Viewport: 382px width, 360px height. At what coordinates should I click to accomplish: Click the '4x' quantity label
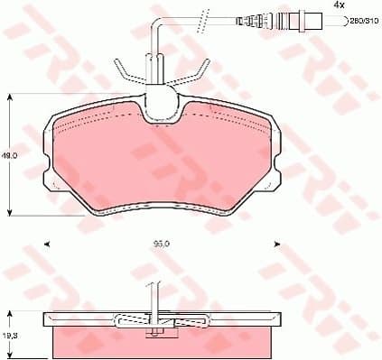point(340,5)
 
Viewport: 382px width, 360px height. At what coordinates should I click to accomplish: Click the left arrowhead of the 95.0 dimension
point(46,244)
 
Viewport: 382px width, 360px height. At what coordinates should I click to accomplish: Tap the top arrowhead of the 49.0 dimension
point(11,95)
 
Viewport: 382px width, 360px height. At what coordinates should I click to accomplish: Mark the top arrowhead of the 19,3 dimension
point(11,313)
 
